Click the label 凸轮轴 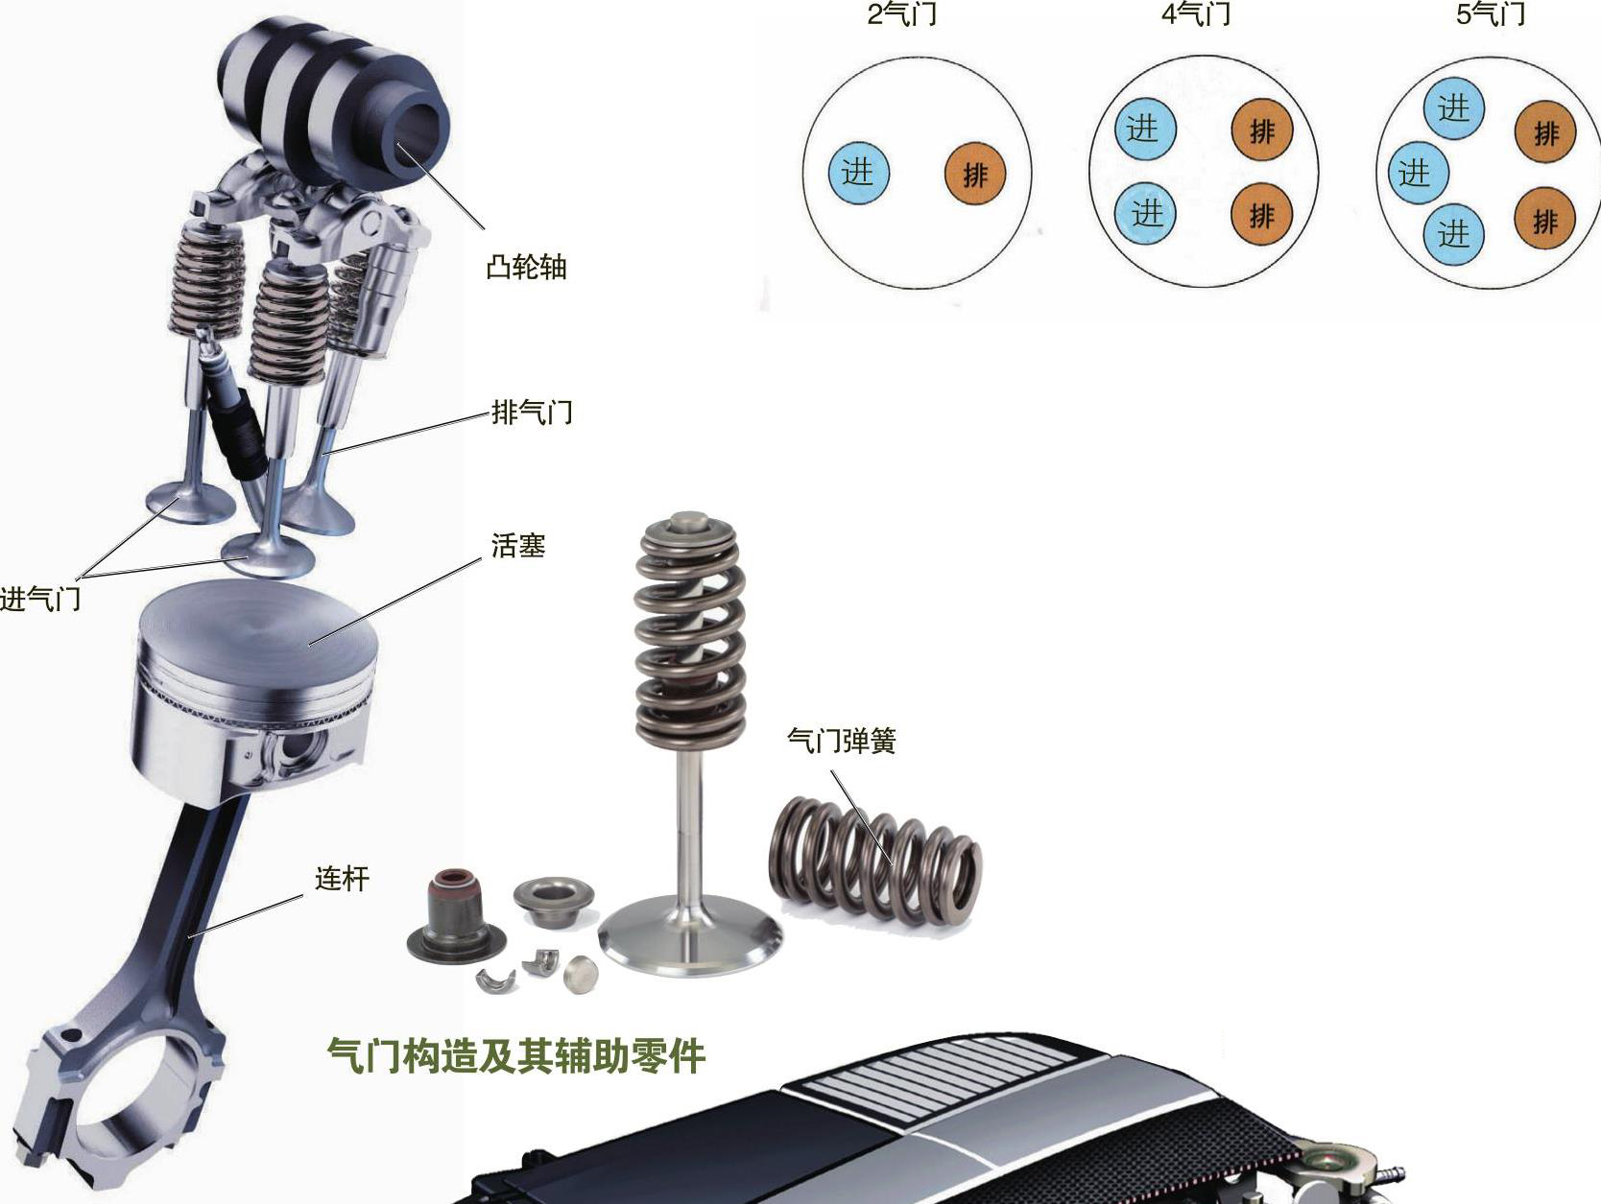pos(526,267)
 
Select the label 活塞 pos(518,545)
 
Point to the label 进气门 pos(40,599)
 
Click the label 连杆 pos(342,878)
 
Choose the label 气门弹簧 pos(841,740)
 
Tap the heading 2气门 pos(901,13)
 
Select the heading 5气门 pos(1491,13)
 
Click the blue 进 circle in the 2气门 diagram pos(858,173)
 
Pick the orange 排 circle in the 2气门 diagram pos(975,175)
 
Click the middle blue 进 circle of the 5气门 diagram pos(1418,174)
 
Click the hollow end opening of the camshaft pos(419,137)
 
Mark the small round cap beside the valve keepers pos(581,974)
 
